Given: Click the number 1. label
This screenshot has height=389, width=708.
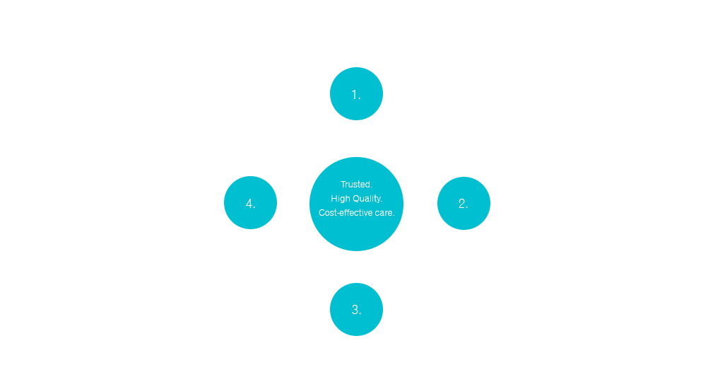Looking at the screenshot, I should [356, 95].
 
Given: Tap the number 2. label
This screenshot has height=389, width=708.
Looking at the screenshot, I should [463, 204].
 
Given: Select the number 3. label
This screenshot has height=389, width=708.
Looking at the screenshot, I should [356, 310].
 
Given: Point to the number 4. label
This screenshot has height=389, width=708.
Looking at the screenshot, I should [250, 204].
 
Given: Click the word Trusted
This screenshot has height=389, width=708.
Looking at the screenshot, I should [356, 185].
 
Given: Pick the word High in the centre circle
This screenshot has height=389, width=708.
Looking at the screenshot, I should [341, 199].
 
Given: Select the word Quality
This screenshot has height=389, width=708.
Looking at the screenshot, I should [367, 199].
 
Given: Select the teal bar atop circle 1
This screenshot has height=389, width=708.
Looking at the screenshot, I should [356, 70].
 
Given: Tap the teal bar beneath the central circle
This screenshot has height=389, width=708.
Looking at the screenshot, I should [356, 244].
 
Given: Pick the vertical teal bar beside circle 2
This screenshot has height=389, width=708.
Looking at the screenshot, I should [488, 203].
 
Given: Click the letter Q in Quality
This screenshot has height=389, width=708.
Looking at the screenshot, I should [353, 199].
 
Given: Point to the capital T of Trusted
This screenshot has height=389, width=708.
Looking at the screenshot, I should [343, 185].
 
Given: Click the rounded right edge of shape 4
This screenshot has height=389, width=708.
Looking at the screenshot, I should [276, 203].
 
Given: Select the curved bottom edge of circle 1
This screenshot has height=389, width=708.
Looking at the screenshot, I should [356, 119].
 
